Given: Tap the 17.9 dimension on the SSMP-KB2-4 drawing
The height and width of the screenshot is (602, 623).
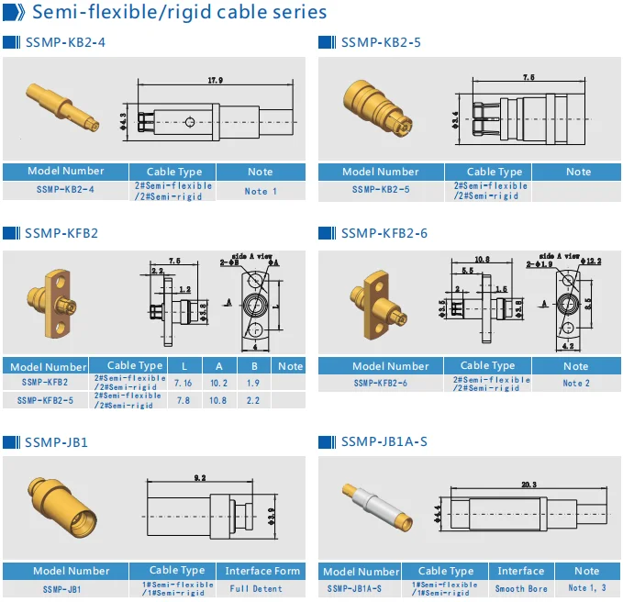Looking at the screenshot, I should tap(215, 82).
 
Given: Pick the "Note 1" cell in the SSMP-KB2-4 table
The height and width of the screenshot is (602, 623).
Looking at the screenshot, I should tap(261, 191).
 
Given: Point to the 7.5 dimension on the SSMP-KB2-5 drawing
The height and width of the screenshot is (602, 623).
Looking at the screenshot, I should tap(528, 79).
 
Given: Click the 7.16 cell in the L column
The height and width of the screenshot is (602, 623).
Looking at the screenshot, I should tap(184, 382).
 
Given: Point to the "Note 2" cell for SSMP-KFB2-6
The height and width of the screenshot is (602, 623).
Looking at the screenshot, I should tap(576, 383).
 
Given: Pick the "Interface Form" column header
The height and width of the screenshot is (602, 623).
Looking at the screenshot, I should tap(262, 571).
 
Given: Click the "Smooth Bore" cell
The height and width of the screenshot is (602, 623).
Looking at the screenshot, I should tap(521, 588).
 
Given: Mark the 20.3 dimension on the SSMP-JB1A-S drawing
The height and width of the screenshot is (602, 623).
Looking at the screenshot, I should tap(528, 484).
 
